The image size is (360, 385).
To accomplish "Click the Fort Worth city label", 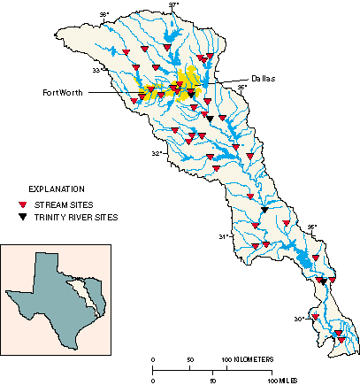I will pos(63,92).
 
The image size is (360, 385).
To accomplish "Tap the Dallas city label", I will pos(261,79).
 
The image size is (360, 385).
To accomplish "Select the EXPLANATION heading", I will pos(57,189).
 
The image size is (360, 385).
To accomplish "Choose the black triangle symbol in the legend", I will pos(24,217).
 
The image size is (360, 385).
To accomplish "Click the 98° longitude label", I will pos(103,15).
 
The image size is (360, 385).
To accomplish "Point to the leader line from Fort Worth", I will pos(115,92).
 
